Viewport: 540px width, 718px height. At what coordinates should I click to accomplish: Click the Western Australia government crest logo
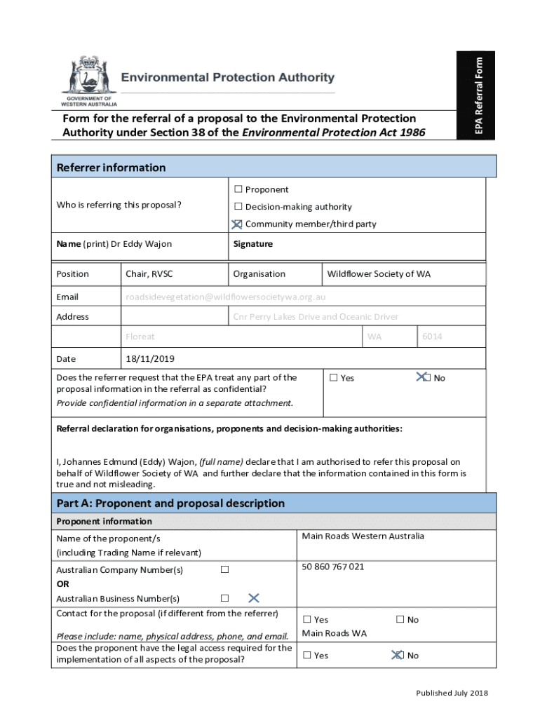point(88,76)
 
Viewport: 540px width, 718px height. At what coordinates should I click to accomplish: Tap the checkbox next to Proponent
point(238,189)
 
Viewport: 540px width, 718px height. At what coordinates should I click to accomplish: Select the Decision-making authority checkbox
point(238,207)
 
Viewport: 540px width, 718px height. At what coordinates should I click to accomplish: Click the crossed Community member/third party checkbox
point(238,224)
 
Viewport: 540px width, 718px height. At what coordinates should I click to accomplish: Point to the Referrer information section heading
point(111,168)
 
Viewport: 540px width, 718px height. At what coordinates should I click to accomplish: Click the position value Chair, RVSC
point(149,274)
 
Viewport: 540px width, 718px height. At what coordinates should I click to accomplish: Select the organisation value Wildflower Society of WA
point(379,274)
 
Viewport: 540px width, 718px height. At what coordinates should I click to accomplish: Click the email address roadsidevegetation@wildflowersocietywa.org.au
point(225,297)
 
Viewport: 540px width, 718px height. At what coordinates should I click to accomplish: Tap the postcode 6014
point(432,337)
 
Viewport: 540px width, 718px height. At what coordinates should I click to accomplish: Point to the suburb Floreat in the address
point(140,337)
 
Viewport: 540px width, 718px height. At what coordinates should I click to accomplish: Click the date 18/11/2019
point(149,359)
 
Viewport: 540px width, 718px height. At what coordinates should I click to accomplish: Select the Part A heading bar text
point(170,503)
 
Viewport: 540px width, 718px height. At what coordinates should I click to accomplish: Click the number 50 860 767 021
point(332,567)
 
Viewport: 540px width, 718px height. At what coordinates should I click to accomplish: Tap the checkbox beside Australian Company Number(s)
point(224,569)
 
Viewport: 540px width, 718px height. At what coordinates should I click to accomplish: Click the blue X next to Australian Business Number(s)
point(254,597)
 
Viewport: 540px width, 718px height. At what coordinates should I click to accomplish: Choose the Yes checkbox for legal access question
point(306,656)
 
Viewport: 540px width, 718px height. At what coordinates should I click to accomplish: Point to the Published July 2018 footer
point(451,693)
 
